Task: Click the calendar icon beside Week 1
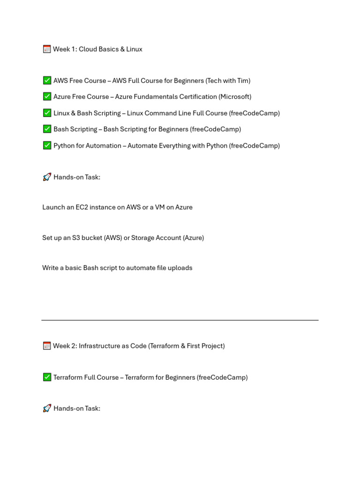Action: pos(47,49)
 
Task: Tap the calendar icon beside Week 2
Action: pos(47,346)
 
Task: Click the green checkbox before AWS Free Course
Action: pos(47,81)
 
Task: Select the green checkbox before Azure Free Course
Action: pos(47,97)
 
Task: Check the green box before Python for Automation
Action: pos(47,145)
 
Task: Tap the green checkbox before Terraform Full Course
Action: pos(47,377)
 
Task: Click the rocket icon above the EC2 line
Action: pos(47,177)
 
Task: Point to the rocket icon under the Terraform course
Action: pos(47,408)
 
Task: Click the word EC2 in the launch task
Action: pos(82,207)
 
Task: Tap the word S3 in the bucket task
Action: pos(76,238)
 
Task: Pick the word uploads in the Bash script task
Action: pos(180,268)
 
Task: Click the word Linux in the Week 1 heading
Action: pos(134,49)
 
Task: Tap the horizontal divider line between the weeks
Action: pos(180,320)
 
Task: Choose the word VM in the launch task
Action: pos(160,207)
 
